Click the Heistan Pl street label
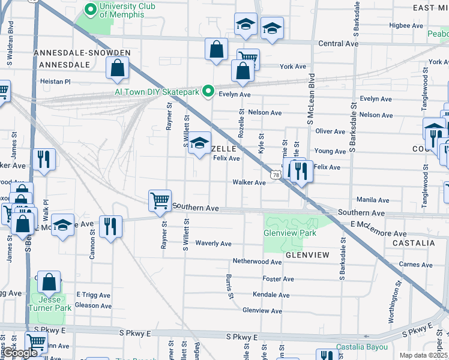55,81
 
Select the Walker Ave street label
249,182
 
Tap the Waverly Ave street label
214,244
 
